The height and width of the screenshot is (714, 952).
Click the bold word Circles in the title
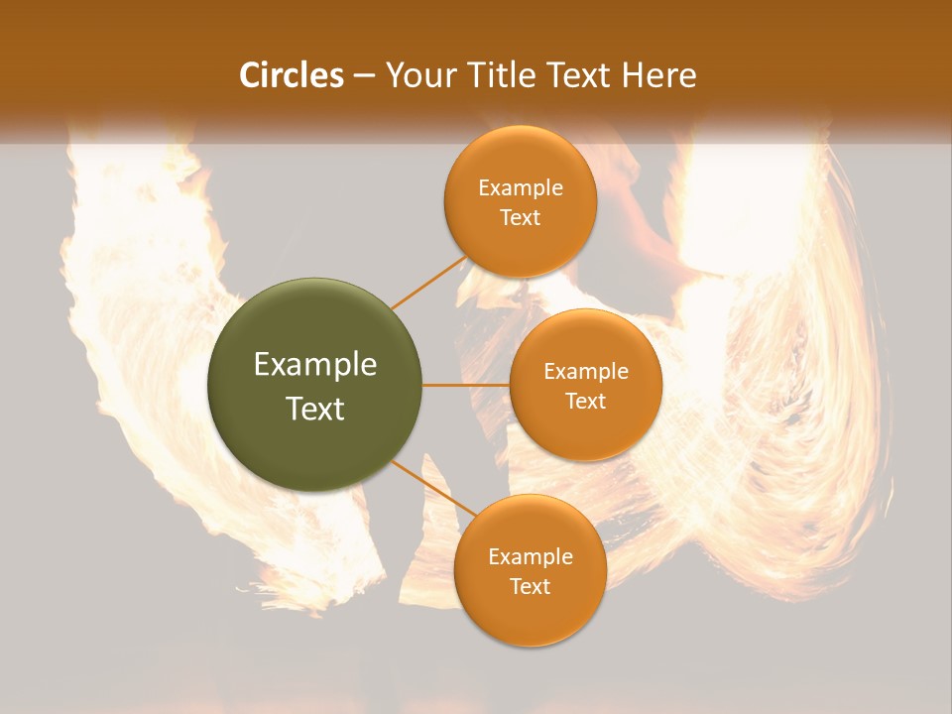point(291,75)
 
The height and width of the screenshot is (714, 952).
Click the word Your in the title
point(415,75)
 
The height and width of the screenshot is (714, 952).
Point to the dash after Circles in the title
point(364,76)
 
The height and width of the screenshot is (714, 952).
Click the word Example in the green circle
point(315,365)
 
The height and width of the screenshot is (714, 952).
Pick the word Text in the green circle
point(315,409)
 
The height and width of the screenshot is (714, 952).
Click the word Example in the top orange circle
point(521,188)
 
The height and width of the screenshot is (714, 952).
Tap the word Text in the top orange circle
point(521,217)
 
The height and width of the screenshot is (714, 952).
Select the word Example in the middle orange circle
point(586,372)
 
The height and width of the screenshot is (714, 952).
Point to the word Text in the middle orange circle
point(586,401)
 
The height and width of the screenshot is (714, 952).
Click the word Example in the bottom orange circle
point(531,557)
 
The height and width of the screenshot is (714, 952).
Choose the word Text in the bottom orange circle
point(531,586)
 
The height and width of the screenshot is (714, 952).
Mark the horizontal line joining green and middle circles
point(466,385)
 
